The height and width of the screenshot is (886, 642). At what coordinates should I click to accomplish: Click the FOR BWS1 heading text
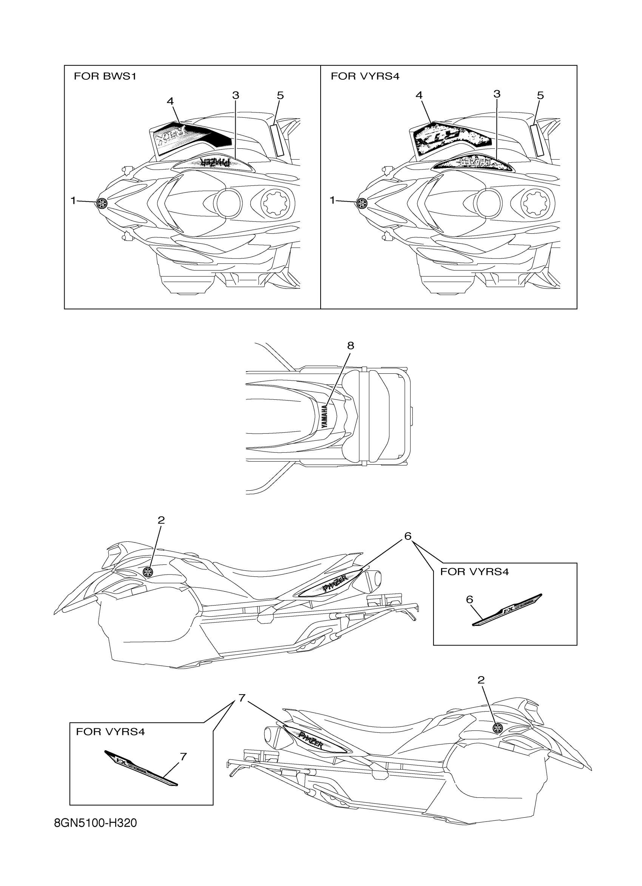tap(105, 76)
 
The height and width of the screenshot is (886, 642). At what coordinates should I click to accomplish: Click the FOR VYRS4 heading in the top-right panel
tap(365, 76)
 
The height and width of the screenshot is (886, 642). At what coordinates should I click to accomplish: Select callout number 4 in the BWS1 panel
tap(170, 101)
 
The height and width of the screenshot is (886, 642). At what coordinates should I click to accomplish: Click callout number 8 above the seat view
tap(350, 345)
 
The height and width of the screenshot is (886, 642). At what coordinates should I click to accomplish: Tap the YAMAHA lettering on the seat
tap(325, 417)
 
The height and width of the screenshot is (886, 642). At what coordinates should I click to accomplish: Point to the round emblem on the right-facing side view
tap(497, 727)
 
